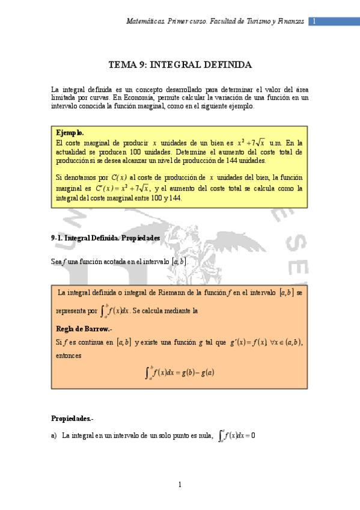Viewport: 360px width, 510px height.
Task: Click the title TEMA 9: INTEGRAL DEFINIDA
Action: (180, 65)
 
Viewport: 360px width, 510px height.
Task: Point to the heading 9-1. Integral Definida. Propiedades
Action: (106, 238)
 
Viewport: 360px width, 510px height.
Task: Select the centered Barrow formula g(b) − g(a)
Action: (180, 372)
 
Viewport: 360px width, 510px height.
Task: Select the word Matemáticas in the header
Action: (144, 22)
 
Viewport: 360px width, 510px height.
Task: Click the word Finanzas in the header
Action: (288, 22)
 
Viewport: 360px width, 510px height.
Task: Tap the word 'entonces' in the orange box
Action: (69, 355)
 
